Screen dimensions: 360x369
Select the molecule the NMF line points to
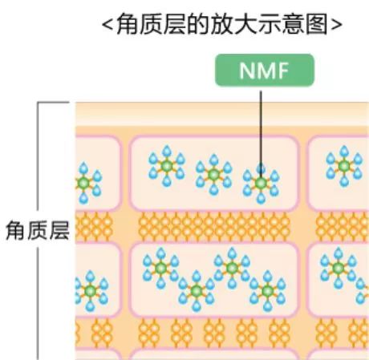(260, 184)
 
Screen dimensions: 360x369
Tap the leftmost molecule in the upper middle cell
(165, 165)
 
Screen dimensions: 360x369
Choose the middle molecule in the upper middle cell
(213, 173)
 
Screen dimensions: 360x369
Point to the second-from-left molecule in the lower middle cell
(196, 289)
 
